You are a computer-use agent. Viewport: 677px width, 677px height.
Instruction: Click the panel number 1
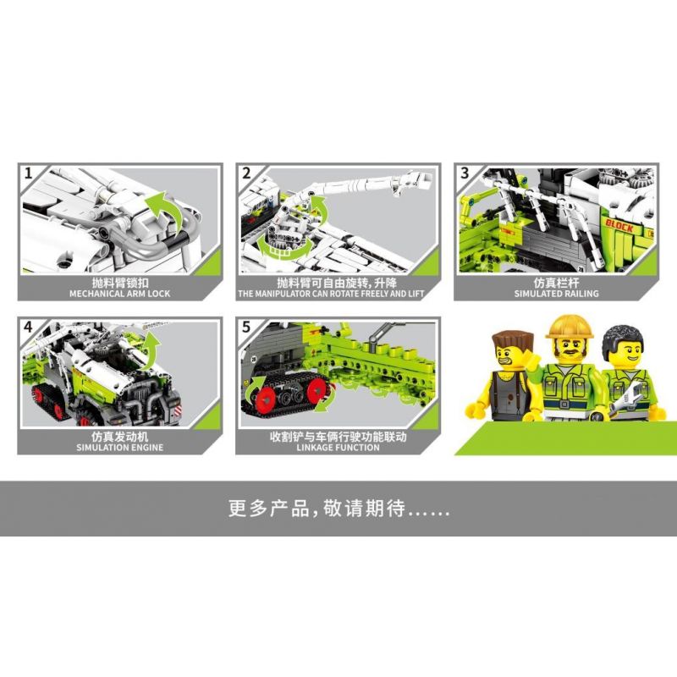29,173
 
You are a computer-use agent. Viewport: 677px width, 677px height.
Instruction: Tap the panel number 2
246,173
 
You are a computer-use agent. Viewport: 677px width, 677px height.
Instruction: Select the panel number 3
465,173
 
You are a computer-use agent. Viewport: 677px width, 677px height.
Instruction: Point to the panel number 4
29,327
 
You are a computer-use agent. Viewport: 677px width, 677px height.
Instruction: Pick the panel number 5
246,327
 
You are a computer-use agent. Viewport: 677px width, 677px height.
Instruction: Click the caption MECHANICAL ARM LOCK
120,294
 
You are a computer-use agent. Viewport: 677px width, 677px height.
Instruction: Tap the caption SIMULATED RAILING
557,294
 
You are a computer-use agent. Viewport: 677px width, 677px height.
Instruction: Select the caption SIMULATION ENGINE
120,448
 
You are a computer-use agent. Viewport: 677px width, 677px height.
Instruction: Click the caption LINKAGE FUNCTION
338,448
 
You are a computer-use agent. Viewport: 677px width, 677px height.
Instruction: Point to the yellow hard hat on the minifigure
570,327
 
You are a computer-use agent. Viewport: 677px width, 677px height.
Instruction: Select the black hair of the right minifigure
623,340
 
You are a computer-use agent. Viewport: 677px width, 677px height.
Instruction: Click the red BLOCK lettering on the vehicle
619,225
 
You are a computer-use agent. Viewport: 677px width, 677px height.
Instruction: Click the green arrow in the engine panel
151,351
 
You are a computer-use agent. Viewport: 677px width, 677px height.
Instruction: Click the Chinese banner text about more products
339,509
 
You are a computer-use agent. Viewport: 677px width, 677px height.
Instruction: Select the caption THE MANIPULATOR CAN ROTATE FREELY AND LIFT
331,294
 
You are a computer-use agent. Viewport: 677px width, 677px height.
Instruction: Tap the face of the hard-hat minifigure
569,349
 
